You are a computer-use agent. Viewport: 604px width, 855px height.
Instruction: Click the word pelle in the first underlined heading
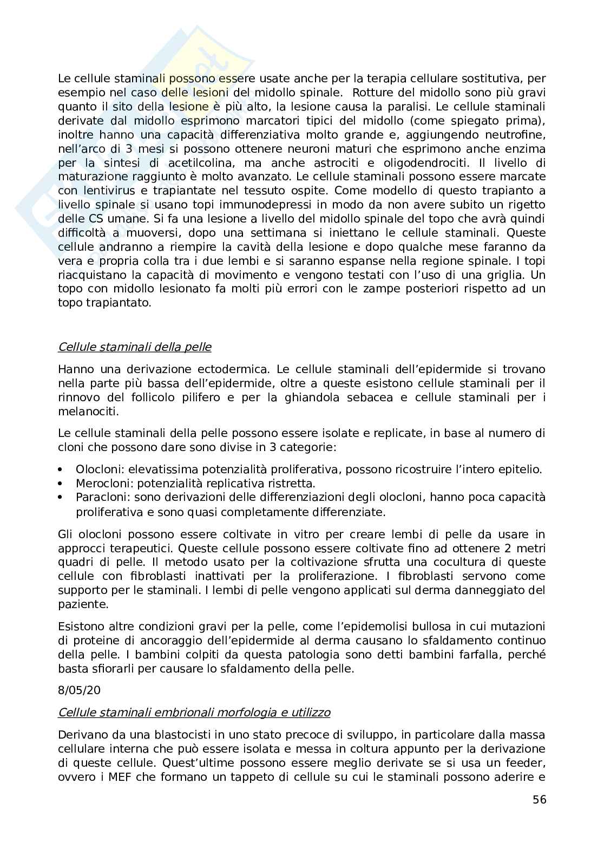[x=198, y=347]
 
